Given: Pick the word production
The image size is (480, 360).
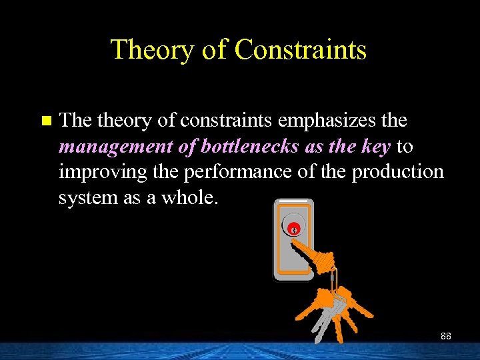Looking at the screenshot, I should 397,171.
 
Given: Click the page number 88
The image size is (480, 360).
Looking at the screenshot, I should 445,336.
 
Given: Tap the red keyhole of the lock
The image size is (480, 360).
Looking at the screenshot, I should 293,229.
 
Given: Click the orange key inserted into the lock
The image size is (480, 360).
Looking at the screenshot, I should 313,253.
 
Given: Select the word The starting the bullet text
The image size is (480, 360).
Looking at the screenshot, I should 75,121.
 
